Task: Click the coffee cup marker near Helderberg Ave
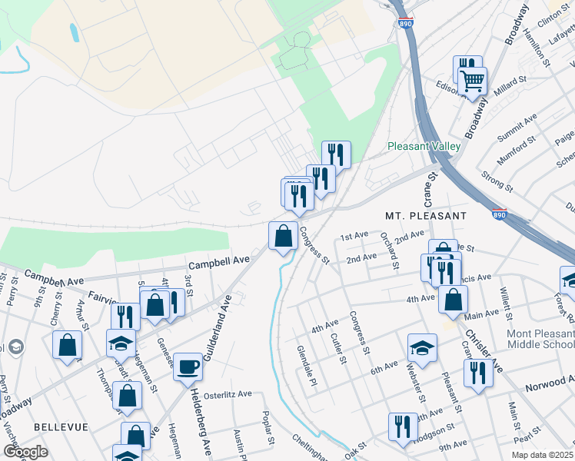coord(188,366)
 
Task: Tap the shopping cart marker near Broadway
coord(472,79)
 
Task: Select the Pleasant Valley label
coord(424,145)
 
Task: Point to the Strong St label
coord(497,181)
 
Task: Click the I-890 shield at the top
coord(405,25)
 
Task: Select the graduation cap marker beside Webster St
coord(421,347)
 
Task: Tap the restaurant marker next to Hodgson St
coord(403,426)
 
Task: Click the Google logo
coord(25,451)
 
